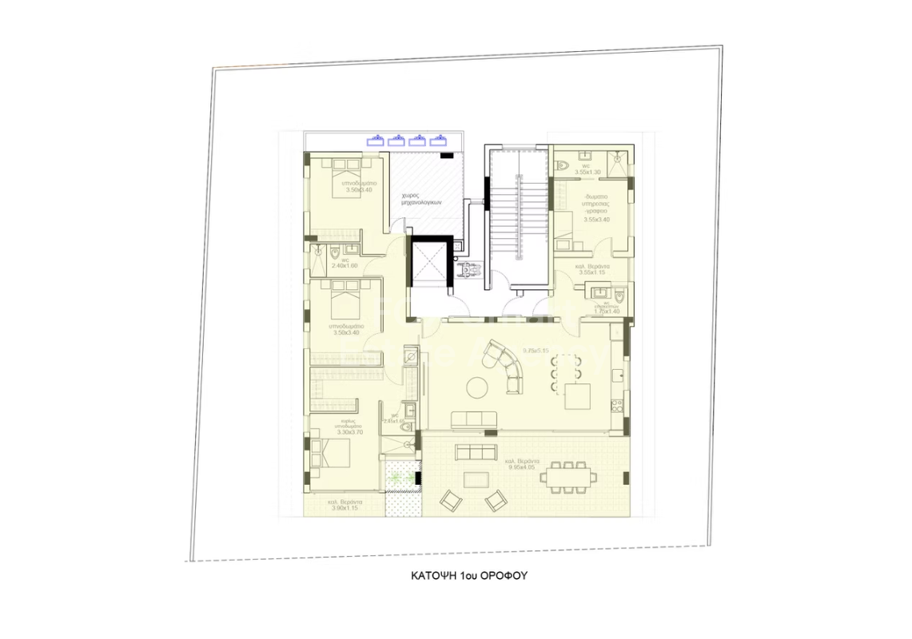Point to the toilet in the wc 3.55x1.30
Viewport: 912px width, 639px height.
pyautogui.click(x=564, y=165)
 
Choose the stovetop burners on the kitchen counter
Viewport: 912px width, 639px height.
pyautogui.click(x=615, y=404)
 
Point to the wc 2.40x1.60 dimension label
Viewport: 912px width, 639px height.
pyautogui.click(x=344, y=265)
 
